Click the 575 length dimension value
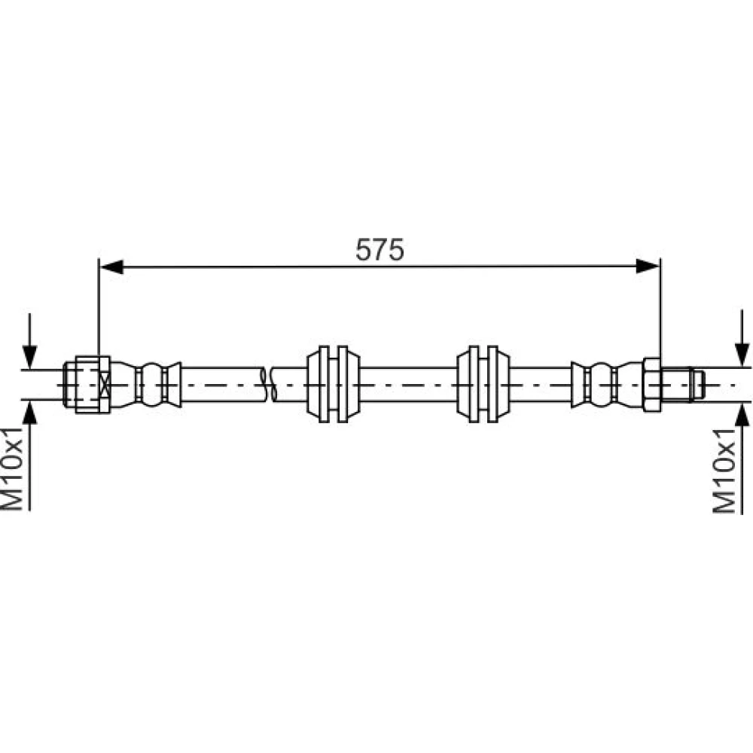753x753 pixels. tap(380, 250)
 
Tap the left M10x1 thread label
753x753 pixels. tap(13, 468)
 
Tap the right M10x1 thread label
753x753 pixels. tap(724, 471)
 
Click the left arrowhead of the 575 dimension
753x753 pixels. tap(111, 267)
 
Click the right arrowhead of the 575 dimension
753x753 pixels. tap(648, 266)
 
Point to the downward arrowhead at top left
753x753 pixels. tap(30, 357)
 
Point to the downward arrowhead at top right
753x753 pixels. tap(742, 355)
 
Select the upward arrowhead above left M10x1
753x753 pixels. tap(30, 413)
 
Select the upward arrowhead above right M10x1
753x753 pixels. tap(742, 414)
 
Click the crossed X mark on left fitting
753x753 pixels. tap(104, 385)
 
